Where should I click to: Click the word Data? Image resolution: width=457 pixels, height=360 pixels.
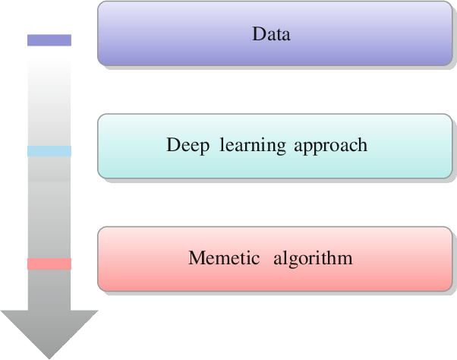click(x=271, y=34)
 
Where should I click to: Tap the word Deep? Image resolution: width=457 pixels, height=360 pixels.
click(x=188, y=145)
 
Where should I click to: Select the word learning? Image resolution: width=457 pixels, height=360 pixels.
click(x=252, y=145)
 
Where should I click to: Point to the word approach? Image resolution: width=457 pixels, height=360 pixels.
click(x=330, y=145)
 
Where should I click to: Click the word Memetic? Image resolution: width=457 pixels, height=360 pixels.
click(x=224, y=257)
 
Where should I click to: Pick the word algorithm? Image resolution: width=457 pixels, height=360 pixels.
click(x=313, y=258)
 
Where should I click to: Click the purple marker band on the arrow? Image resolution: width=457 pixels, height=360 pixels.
click(x=49, y=40)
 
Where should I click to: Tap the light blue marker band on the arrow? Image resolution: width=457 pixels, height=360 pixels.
click(x=49, y=151)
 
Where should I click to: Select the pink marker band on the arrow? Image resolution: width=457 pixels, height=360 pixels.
click(x=49, y=264)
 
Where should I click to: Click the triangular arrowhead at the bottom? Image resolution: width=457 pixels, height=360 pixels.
click(x=49, y=330)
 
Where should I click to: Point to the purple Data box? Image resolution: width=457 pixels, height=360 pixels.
click(x=275, y=33)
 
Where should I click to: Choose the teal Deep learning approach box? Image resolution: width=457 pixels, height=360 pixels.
click(x=275, y=146)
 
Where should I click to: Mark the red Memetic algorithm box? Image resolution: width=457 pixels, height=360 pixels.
click(x=275, y=259)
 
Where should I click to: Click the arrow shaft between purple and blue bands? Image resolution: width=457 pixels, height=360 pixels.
click(x=49, y=96)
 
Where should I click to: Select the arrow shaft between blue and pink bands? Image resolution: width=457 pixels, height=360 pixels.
click(x=49, y=207)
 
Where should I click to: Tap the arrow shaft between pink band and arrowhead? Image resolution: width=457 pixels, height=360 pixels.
click(x=49, y=290)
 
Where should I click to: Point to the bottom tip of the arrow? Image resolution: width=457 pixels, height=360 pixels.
click(x=49, y=359)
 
